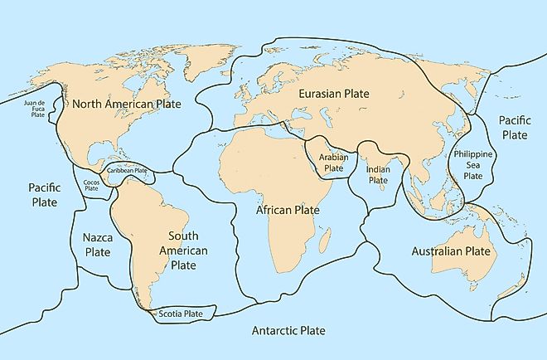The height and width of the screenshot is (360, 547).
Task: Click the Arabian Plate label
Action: tap(333, 162)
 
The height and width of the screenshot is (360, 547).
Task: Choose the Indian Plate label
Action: tap(383, 175)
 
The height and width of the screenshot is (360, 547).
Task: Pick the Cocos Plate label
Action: tap(91, 184)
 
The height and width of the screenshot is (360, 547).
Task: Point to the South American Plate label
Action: tap(183, 251)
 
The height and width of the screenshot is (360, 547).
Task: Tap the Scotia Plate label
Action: tap(181, 314)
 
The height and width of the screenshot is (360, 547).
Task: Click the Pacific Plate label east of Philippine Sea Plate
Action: tap(513, 127)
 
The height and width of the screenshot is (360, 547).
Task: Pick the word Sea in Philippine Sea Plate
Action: tap(472, 165)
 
